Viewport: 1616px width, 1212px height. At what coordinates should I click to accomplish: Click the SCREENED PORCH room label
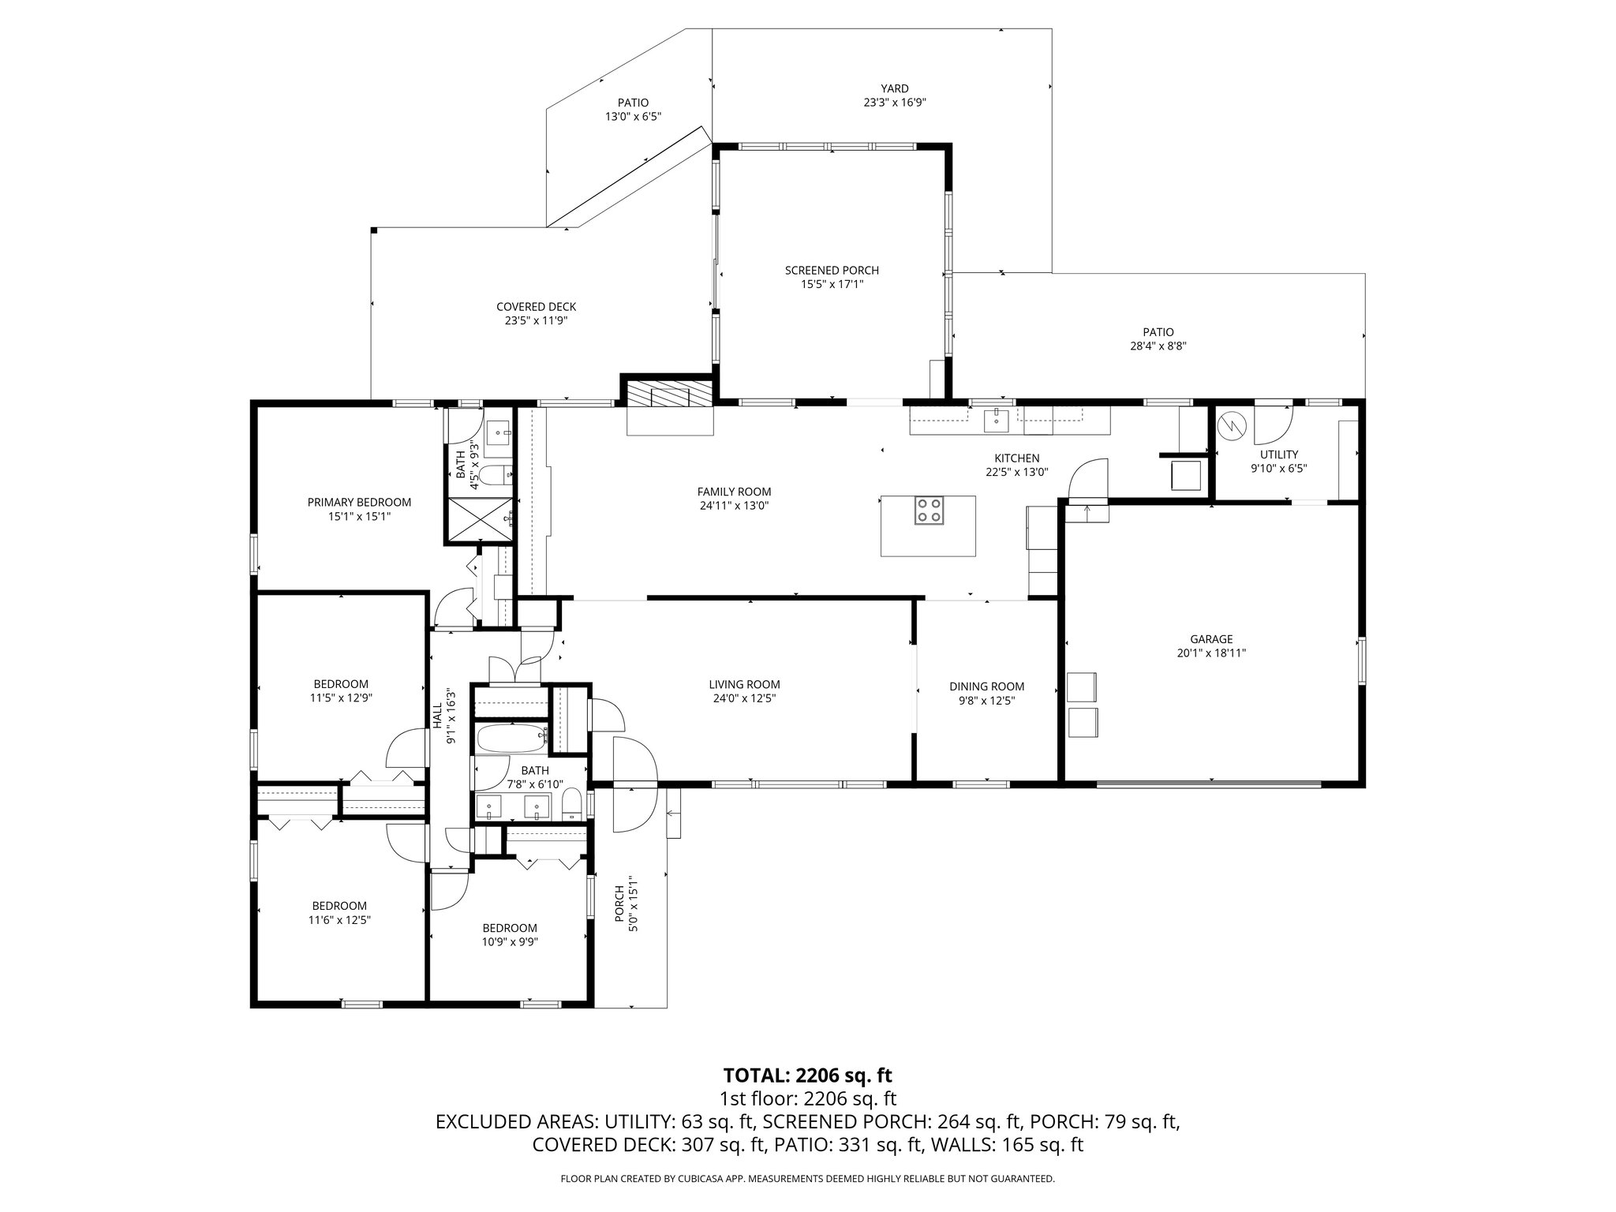tap(832, 271)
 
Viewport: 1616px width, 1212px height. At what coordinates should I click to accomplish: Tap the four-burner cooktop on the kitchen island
tap(928, 511)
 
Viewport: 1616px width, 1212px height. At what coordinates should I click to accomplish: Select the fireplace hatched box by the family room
tap(669, 393)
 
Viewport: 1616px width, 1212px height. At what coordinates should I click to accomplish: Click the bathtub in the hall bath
tap(512, 739)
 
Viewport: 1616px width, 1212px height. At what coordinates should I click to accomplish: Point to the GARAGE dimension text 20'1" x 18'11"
tap(1211, 653)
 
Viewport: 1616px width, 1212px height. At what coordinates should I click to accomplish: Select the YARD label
tap(895, 88)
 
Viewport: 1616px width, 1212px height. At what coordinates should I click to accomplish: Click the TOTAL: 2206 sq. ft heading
tap(807, 1075)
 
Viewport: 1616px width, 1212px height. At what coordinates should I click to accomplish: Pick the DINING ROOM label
tap(986, 686)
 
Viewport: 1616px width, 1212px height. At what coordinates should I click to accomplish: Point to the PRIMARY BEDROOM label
tap(359, 502)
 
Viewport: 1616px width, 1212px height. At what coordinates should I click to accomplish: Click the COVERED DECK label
tap(536, 307)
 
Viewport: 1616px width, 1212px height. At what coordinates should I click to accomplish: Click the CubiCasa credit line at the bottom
tap(807, 1178)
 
